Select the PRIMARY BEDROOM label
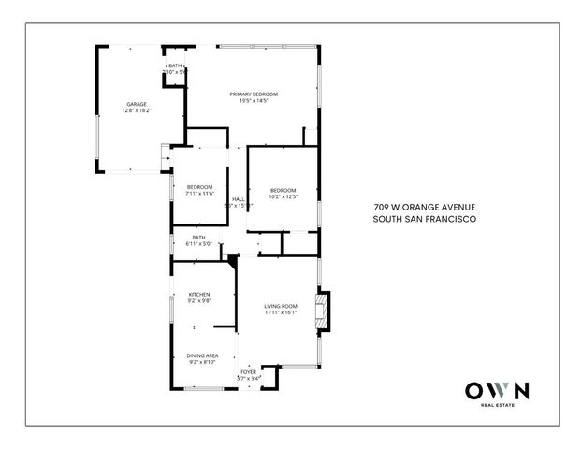(x=254, y=94)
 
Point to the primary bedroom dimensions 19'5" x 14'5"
(x=254, y=101)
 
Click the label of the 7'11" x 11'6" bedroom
(x=199, y=187)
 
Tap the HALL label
(x=239, y=198)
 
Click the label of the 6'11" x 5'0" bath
(x=198, y=238)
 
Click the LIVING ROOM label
(x=281, y=306)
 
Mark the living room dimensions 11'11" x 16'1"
(x=281, y=312)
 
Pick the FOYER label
(x=248, y=372)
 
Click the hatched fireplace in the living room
(x=323, y=314)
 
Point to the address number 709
(x=379, y=208)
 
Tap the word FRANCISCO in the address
(x=452, y=220)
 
